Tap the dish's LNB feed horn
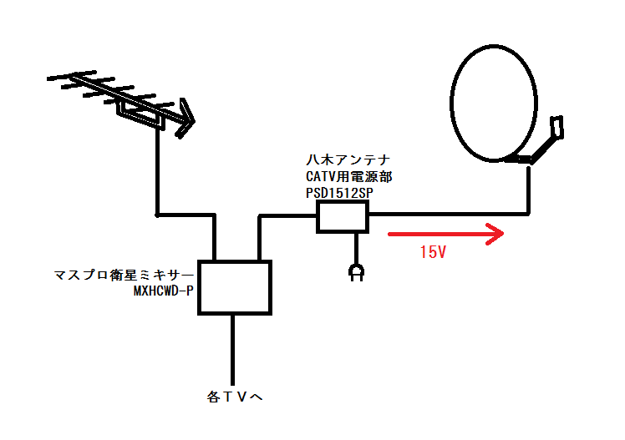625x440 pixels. point(557,127)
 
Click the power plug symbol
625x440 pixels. point(358,271)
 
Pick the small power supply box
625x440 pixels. point(342,217)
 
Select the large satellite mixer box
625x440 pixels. point(235,287)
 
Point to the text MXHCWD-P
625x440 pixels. point(164,291)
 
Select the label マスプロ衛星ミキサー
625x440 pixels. point(124,276)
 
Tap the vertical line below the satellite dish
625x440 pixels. point(529,188)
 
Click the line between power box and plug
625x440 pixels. point(358,246)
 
